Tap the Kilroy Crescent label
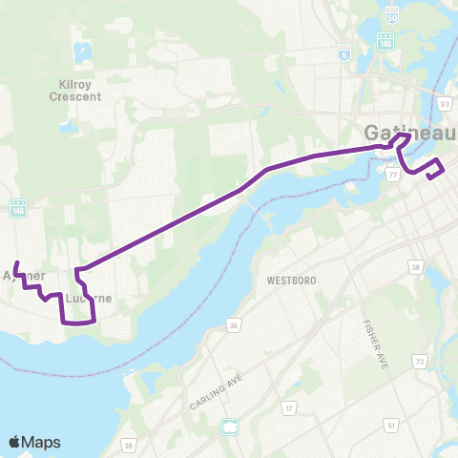pyautogui.click(x=73, y=91)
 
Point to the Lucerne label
pyautogui.click(x=91, y=298)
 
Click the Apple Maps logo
pyautogui.click(x=34, y=441)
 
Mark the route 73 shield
pyautogui.click(x=421, y=362)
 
